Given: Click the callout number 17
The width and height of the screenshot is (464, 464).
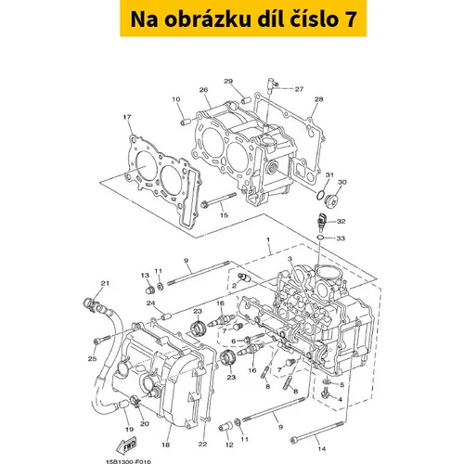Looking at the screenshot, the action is click(x=127, y=117).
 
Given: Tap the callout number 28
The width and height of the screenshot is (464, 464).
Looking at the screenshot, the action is click(x=318, y=99).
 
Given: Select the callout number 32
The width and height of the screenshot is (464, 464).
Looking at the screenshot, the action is click(x=341, y=222).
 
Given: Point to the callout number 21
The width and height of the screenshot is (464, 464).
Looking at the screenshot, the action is click(x=105, y=283).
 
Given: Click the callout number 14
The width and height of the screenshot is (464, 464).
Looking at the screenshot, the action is click(x=322, y=448).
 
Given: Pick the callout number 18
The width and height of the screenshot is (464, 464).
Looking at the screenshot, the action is click(x=165, y=445).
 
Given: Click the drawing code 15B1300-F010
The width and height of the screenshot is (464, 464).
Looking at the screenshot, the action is click(x=129, y=462).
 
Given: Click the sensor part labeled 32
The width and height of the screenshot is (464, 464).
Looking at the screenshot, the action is click(x=322, y=222).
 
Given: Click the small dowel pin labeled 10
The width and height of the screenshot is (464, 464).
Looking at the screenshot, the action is click(x=186, y=122).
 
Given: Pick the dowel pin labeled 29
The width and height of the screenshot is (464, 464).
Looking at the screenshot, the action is click(x=246, y=101).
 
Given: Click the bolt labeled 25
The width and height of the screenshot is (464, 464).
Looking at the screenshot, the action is click(x=102, y=339).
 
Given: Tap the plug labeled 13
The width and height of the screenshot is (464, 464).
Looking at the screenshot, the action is click(x=150, y=290).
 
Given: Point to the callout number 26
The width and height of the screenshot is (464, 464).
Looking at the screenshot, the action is click(x=203, y=90).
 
